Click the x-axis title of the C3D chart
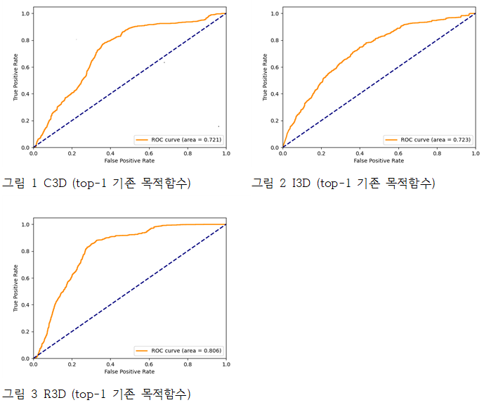130,160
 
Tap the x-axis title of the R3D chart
130,371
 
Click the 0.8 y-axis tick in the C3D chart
26,40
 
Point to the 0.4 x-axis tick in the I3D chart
360,153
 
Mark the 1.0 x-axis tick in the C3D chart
225,153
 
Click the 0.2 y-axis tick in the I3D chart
275,121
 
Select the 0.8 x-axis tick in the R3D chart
188,364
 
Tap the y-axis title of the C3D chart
16,80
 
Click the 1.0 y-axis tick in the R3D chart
26,224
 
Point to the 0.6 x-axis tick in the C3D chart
149,153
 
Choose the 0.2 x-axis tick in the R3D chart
72,364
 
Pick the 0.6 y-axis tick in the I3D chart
275,67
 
